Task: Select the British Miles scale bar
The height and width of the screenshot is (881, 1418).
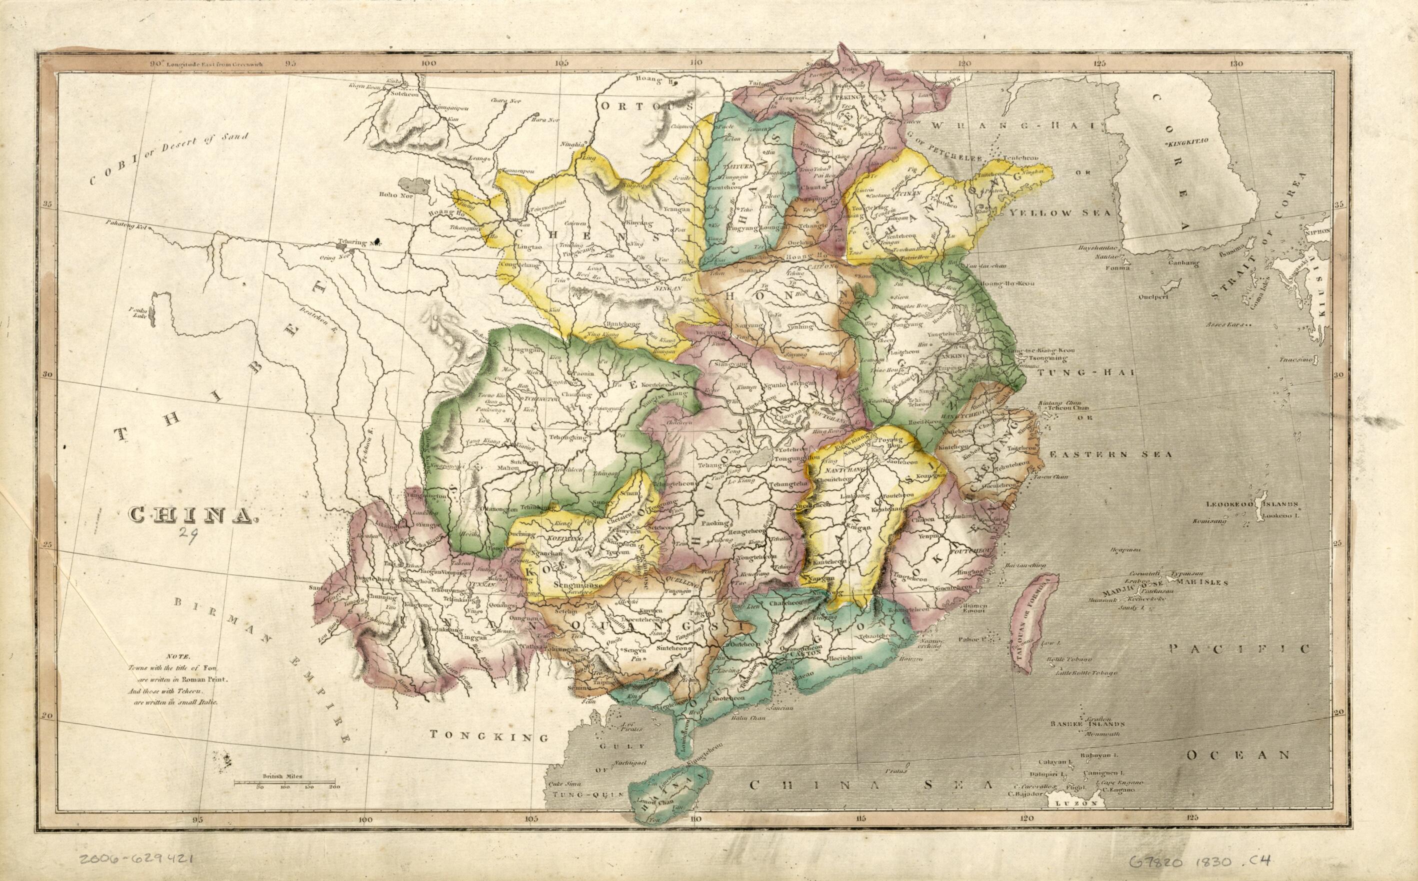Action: (x=285, y=781)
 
